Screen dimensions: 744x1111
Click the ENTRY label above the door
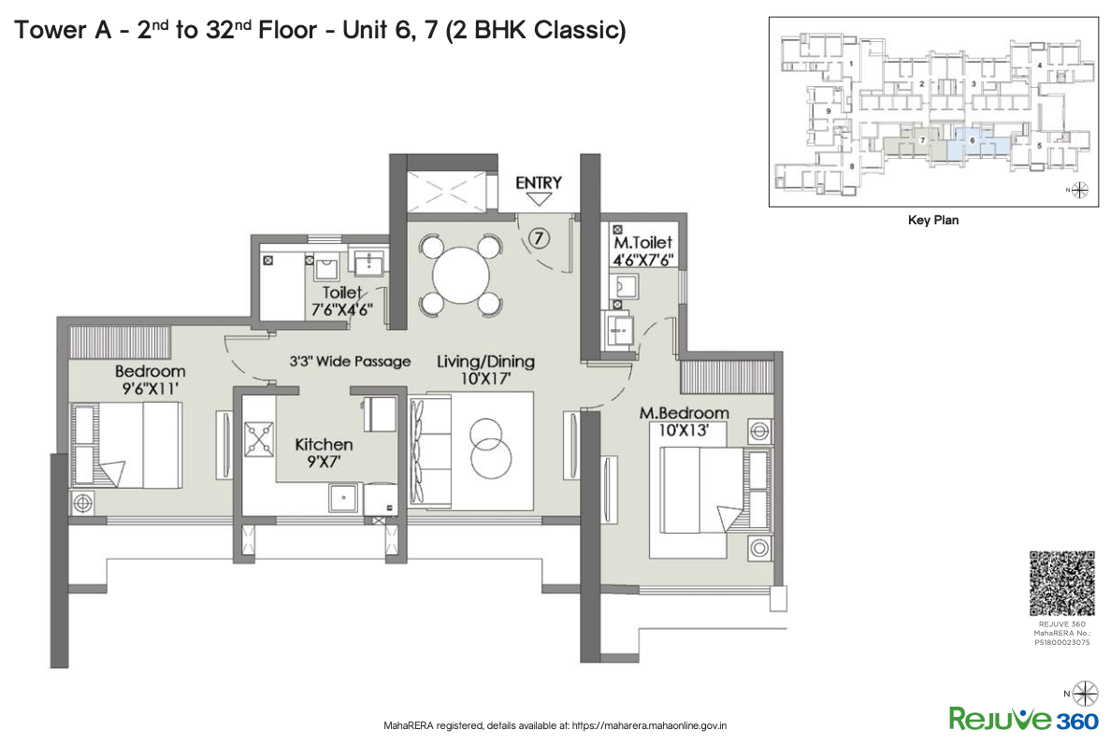coord(539,182)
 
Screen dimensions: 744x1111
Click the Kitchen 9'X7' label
coord(324,452)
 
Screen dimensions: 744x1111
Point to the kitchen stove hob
coord(257,437)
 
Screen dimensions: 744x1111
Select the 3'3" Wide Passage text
coord(349,361)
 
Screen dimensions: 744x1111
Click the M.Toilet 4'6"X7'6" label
coord(642,251)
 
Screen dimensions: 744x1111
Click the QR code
coord(1061,583)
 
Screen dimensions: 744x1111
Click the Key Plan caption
coord(932,221)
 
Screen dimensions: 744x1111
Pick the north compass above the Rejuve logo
coord(1086,693)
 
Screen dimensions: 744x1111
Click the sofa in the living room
coord(419,451)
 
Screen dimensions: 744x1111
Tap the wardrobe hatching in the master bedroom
coord(726,375)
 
